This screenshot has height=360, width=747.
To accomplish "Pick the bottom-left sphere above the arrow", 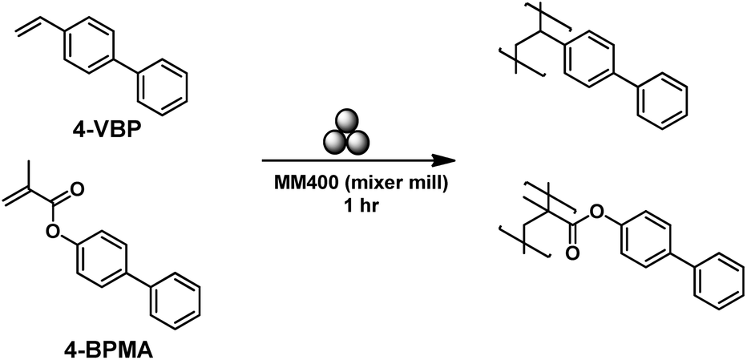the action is point(335,142).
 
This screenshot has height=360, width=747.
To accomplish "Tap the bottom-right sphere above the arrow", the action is point(358,142).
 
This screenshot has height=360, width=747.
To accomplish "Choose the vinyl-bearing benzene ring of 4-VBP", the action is point(89,47).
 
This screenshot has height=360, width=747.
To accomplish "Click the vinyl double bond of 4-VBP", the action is point(27,27).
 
